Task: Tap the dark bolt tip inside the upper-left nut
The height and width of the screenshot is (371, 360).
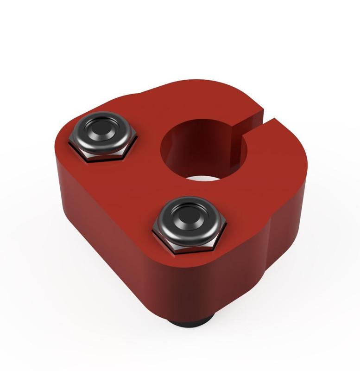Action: coord(101,128)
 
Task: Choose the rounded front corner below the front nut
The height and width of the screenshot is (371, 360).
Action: coord(195,288)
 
